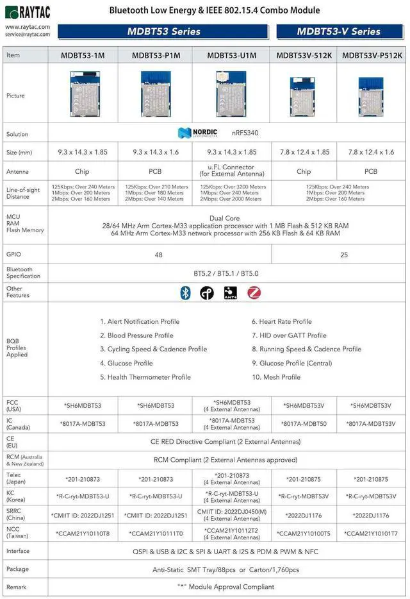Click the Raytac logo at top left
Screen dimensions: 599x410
(x=28, y=13)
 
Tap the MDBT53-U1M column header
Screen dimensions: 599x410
(x=231, y=55)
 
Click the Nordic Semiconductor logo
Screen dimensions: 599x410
(x=197, y=133)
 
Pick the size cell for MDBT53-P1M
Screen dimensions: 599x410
(x=156, y=153)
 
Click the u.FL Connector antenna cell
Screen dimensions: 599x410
(x=231, y=171)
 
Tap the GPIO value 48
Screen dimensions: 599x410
(x=158, y=255)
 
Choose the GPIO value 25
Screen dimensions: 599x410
(x=343, y=255)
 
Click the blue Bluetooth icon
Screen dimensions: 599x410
(x=185, y=293)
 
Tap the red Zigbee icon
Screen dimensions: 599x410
(x=254, y=293)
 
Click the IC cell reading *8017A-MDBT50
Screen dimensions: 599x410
(x=304, y=423)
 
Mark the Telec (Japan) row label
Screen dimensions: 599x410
(x=17, y=478)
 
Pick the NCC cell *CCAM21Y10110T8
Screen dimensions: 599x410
(x=83, y=533)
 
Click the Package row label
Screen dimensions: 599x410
(x=17, y=569)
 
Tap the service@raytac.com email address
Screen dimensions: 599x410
(x=28, y=35)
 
